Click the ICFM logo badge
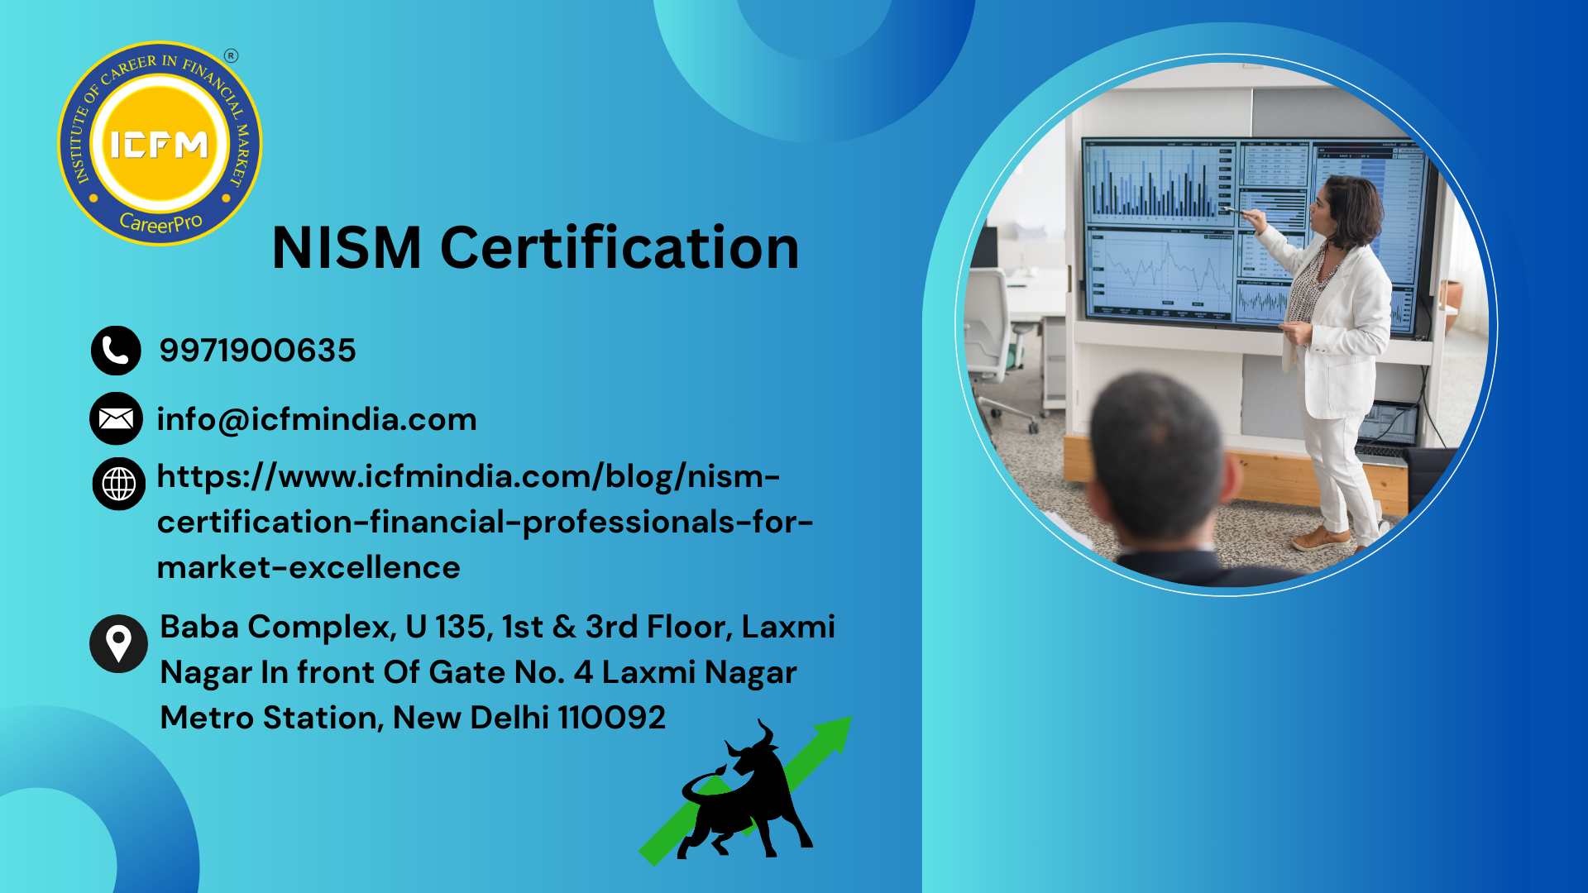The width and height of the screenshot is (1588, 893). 160,144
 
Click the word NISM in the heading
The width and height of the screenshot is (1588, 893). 347,247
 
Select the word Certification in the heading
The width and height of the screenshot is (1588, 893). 619,247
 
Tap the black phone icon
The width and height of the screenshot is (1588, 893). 116,351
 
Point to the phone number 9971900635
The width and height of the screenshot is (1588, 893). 257,351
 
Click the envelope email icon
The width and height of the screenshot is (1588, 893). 116,418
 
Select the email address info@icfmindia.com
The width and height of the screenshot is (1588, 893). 317,420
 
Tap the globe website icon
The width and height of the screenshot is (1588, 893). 119,484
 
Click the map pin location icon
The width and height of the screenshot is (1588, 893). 118,643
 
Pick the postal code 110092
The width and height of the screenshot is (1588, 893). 611,718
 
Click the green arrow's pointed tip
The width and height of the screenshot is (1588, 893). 851,718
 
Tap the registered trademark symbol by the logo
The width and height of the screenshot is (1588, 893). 231,56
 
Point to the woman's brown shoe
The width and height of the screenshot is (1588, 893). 1321,540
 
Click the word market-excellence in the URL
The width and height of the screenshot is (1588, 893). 309,568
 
